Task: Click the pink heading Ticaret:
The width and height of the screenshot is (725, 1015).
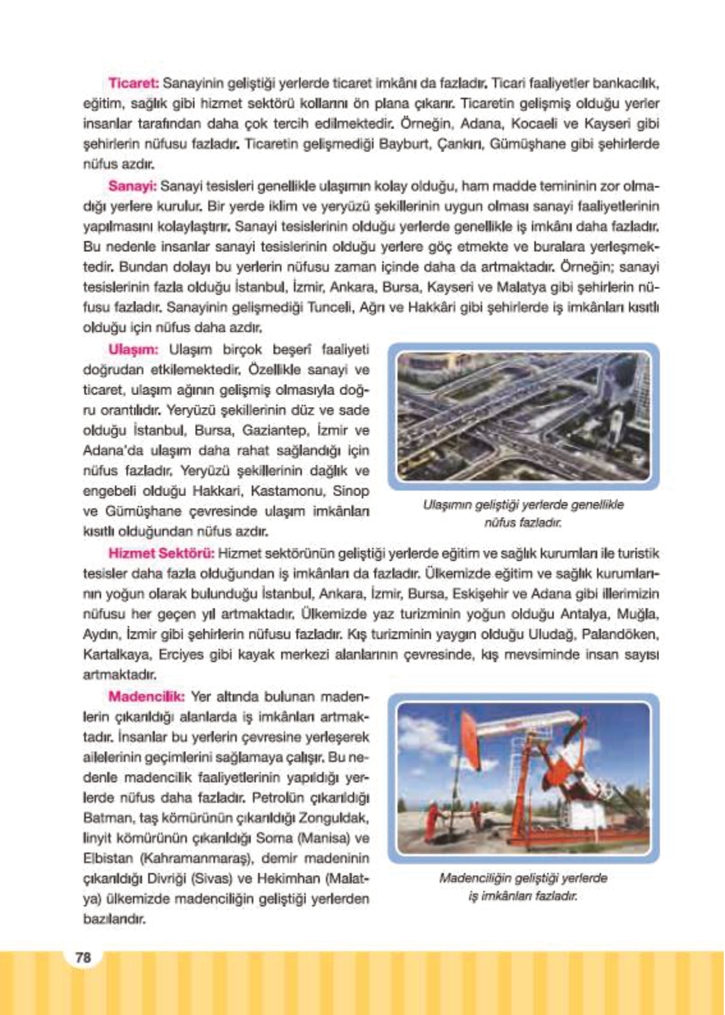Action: click(133, 83)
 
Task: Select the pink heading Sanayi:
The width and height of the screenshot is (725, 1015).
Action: click(132, 186)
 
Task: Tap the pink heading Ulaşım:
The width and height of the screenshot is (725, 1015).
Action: click(133, 349)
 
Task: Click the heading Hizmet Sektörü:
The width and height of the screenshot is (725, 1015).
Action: click(161, 553)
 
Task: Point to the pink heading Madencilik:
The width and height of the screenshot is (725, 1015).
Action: click(146, 696)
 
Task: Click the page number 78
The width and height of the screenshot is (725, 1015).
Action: click(83, 957)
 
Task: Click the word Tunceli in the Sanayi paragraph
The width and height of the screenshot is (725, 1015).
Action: click(331, 307)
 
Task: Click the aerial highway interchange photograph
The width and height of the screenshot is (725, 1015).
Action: click(523, 416)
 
